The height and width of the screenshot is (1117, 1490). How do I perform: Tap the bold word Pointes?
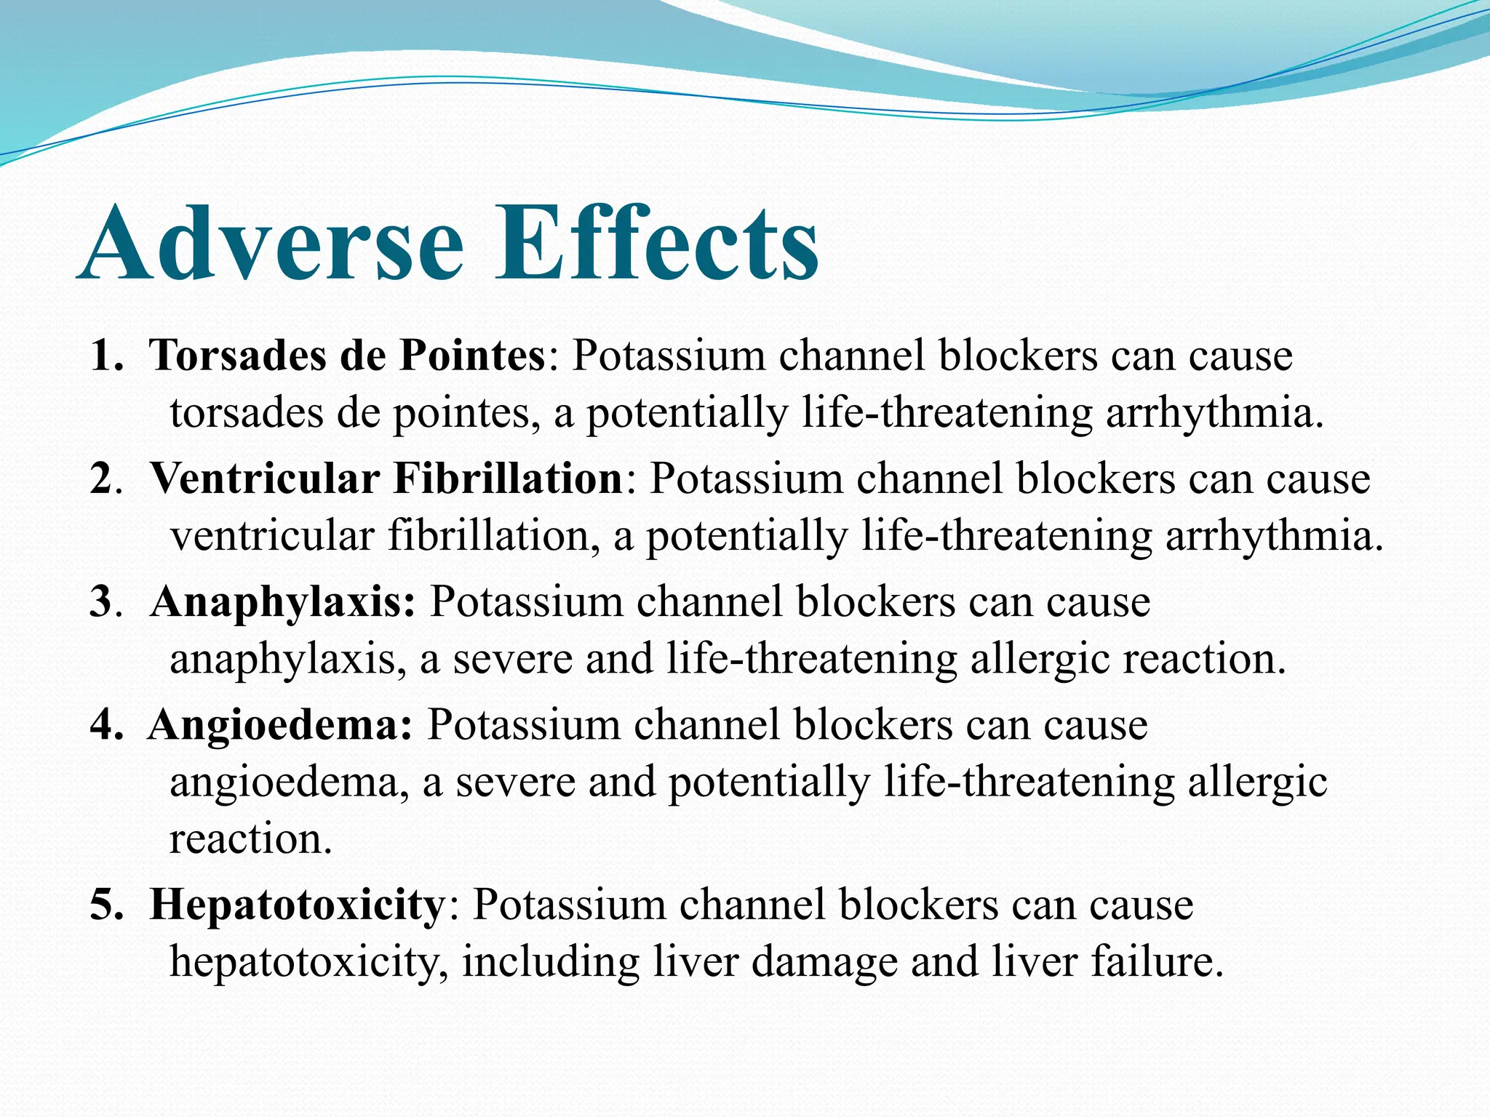472,356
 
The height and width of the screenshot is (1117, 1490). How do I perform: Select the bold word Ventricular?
265,479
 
